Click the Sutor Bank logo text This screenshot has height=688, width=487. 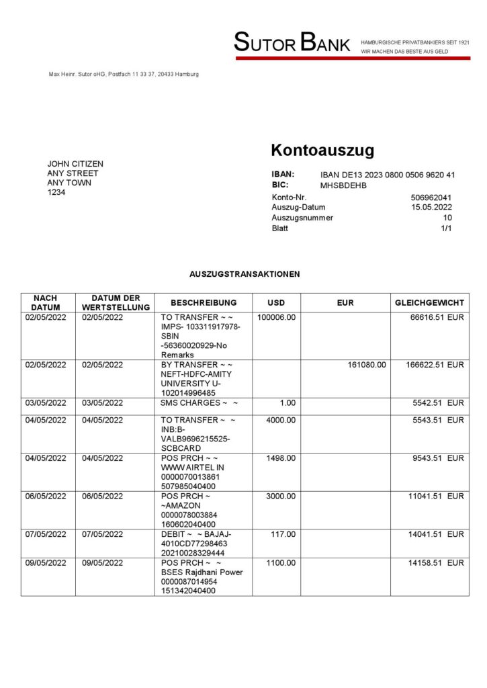pyautogui.click(x=292, y=44)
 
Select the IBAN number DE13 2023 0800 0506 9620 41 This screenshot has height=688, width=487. pyautogui.click(x=388, y=175)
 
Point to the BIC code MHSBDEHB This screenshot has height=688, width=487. pyautogui.click(x=344, y=185)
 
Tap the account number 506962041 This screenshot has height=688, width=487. pyautogui.click(x=431, y=198)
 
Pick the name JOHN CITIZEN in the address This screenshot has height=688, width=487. pyautogui.click(x=75, y=163)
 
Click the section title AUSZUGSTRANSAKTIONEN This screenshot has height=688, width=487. pyautogui.click(x=245, y=274)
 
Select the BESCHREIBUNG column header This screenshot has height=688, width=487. pyautogui.click(x=204, y=302)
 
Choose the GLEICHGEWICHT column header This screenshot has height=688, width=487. pyautogui.click(x=430, y=302)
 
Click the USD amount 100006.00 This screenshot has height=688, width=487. pyautogui.click(x=277, y=317)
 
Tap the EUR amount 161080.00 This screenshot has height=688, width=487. pyautogui.click(x=367, y=365)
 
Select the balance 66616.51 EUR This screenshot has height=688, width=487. pyautogui.click(x=437, y=317)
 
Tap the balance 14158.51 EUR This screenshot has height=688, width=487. pyautogui.click(x=437, y=562)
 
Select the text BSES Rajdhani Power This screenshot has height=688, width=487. pyautogui.click(x=202, y=572)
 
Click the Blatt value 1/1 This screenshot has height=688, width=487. pyautogui.click(x=446, y=228)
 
